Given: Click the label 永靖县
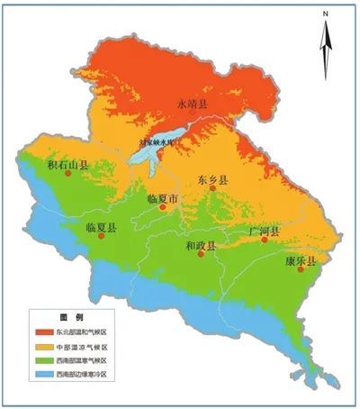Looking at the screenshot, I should point(191,106).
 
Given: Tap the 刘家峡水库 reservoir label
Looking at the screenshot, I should point(157,141).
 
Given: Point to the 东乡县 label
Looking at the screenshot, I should point(212,179).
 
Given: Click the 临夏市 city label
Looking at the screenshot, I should point(163,196).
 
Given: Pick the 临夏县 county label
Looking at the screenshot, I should point(102,228).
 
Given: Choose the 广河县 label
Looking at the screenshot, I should point(265,232).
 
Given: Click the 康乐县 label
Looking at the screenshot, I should point(301,260).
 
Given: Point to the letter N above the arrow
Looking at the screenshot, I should point(329,14).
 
